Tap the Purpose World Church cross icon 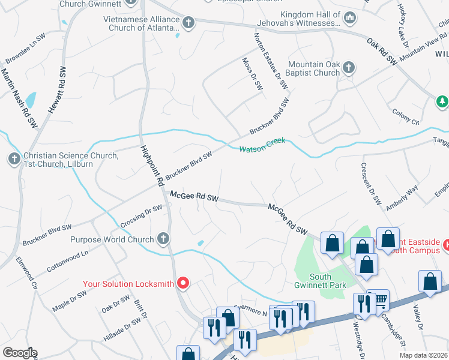coord(162,239)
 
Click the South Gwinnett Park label coord(328,281)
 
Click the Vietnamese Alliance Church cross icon coord(189,23)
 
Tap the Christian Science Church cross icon coord(14,160)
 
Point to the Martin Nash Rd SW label coord(17,97)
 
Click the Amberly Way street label coord(402,197)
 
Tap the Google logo coord(20,353)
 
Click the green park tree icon coord(442,102)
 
